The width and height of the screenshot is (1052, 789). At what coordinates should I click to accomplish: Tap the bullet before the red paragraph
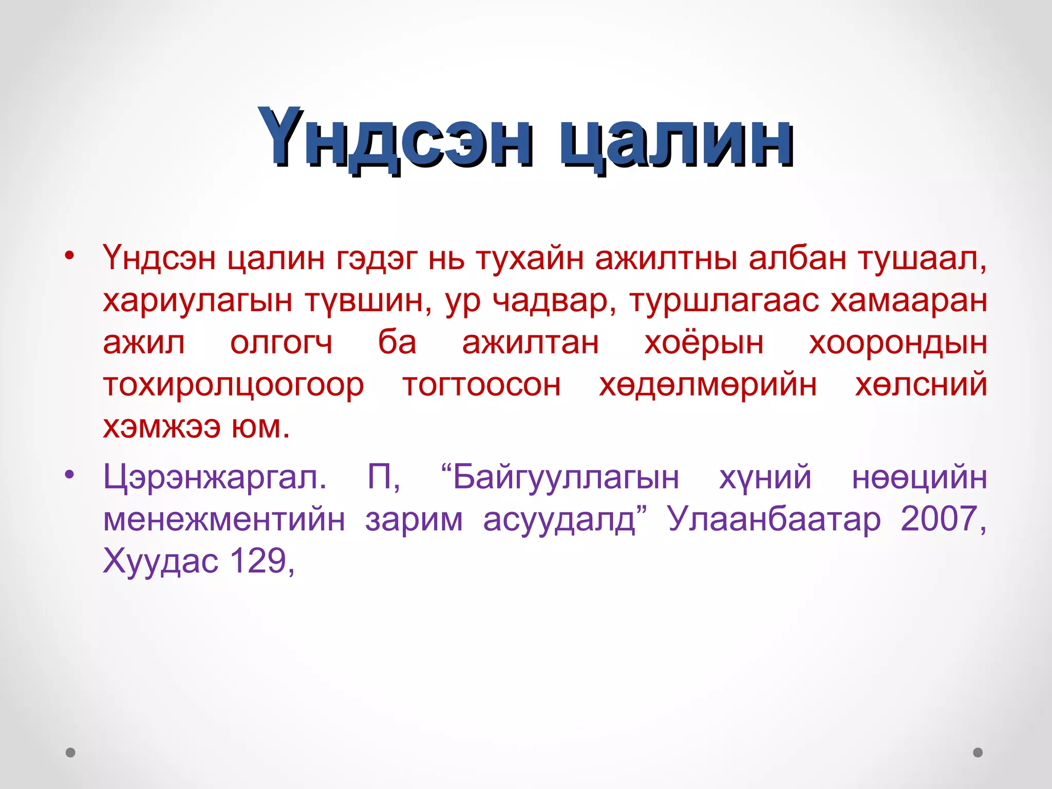(70, 255)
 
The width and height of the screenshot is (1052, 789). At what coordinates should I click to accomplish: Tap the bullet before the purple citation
(70, 474)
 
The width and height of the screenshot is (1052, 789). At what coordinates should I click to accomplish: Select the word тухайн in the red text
(530, 258)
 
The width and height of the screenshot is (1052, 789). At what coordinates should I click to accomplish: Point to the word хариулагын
(197, 301)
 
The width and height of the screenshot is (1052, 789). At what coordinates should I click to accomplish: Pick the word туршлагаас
(724, 300)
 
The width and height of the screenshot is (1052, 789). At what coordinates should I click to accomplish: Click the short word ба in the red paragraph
(397, 342)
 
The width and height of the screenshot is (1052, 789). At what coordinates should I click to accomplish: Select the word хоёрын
(704, 343)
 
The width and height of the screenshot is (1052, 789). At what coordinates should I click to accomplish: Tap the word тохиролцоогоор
(234, 385)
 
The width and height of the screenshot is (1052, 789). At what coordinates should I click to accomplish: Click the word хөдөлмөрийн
(708, 385)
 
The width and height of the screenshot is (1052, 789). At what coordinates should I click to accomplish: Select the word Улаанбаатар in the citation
(774, 519)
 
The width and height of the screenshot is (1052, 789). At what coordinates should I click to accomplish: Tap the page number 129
(258, 560)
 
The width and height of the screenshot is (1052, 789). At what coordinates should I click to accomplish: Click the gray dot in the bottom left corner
(71, 753)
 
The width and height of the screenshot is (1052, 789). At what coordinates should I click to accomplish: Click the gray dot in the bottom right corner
(978, 753)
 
